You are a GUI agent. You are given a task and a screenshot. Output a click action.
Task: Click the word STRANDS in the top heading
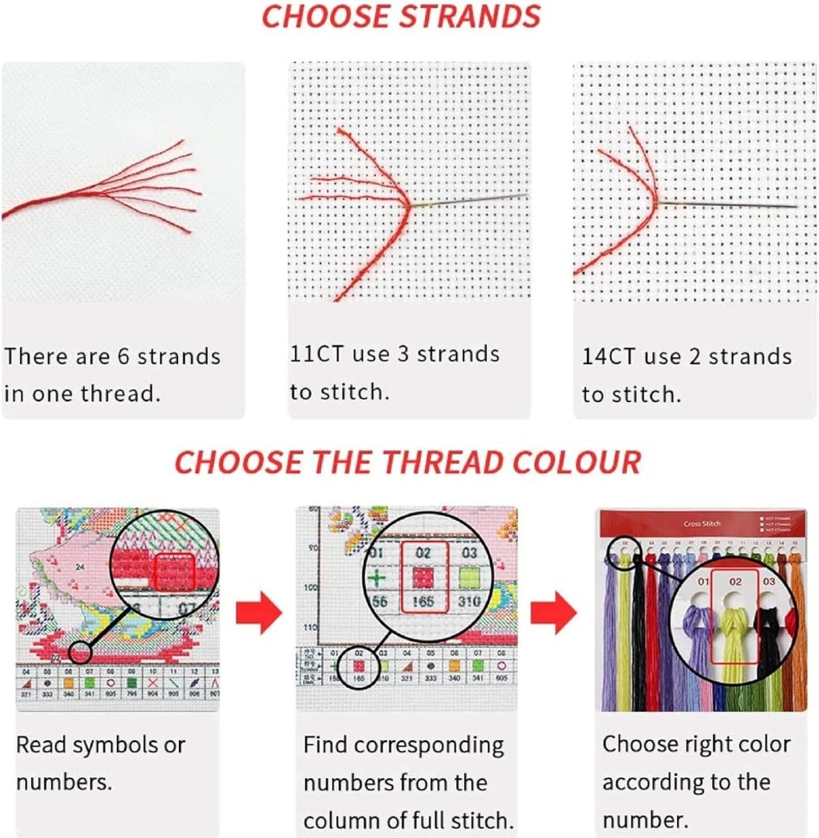[470, 17]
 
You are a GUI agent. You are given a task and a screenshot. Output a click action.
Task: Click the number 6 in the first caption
[123, 356]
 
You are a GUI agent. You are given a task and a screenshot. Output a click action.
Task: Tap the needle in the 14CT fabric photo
[726, 204]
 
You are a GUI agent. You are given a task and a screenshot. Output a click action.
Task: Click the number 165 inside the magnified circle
[423, 602]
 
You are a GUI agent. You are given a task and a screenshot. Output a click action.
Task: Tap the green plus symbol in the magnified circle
[377, 578]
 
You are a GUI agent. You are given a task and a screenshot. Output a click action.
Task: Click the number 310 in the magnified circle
[469, 602]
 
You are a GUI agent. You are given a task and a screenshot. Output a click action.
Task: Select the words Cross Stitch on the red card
[702, 524]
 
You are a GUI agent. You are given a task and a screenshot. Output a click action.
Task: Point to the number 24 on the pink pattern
[80, 566]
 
